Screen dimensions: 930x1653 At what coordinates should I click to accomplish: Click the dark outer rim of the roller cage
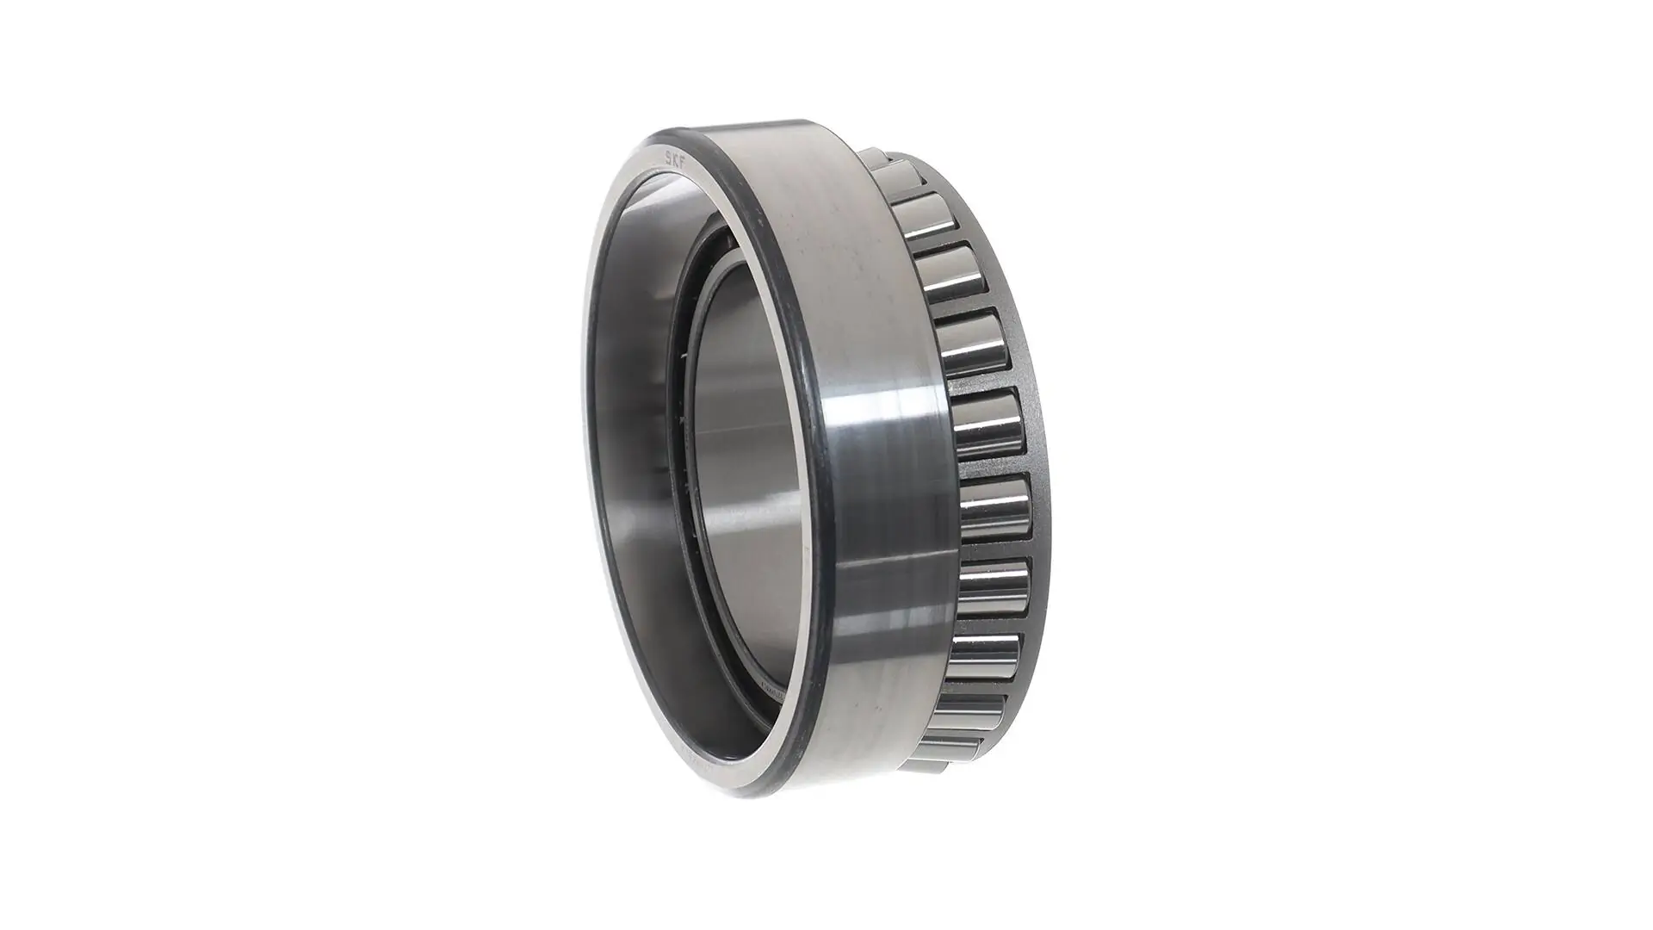click(x=1037, y=448)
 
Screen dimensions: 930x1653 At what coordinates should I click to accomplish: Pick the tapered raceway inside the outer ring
click(x=637, y=431)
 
